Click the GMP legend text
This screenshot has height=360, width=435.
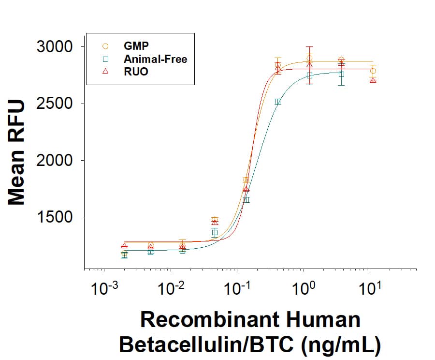[x=136, y=46]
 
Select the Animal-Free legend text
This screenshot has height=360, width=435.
[x=155, y=60]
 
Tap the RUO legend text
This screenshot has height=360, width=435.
[x=136, y=72]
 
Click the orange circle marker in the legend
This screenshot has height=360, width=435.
[x=106, y=46]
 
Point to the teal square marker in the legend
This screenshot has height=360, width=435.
[x=106, y=60]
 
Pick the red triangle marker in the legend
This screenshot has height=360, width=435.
[x=106, y=72]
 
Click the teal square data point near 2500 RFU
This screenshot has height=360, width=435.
[x=278, y=102]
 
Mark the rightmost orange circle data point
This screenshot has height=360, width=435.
[x=373, y=71]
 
